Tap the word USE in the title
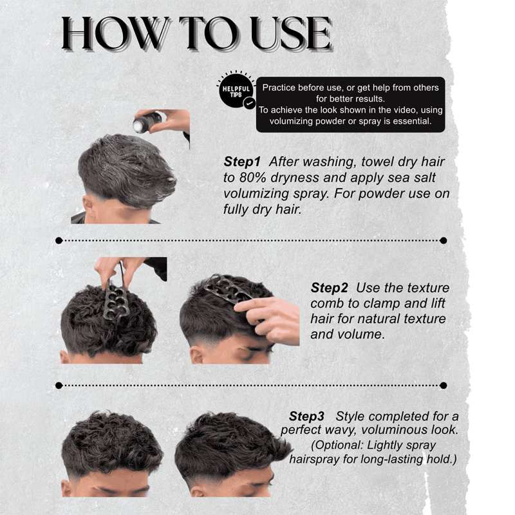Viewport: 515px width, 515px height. click(x=292, y=33)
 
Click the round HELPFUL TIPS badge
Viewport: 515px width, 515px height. click(x=236, y=90)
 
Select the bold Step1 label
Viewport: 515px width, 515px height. click(x=242, y=162)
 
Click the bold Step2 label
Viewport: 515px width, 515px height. click(x=329, y=288)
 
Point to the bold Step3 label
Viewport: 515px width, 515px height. click(x=306, y=416)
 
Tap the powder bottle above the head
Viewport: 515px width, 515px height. click(x=147, y=122)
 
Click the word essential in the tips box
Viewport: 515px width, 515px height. click(x=412, y=121)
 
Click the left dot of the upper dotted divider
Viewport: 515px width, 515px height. click(x=59, y=240)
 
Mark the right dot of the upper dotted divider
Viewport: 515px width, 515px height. click(x=443, y=240)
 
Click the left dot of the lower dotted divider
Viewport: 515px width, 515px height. click(x=59, y=385)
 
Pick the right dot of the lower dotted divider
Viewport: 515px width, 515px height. click(x=443, y=385)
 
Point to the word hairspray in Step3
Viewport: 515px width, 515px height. click(x=314, y=459)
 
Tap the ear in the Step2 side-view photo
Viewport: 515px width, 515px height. click(x=196, y=356)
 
